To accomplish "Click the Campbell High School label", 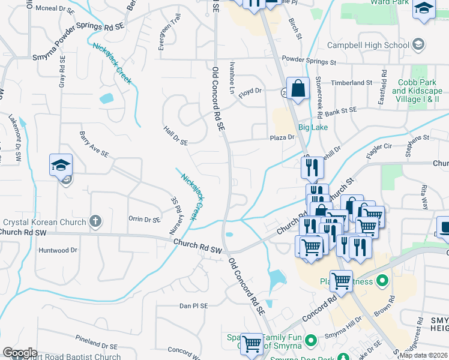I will tap(368, 45).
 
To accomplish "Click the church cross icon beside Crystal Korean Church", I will tap(94, 222).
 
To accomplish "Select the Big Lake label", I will tap(313, 127).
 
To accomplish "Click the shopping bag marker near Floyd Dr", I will tap(298, 89).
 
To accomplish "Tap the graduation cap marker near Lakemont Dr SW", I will tap(61, 166).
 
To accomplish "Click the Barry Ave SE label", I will tap(93, 145).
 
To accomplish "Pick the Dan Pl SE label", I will tap(193, 305).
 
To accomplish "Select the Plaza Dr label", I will tap(282, 137).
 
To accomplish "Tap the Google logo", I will tap(20, 353).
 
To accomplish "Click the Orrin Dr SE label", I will tap(144, 219).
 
